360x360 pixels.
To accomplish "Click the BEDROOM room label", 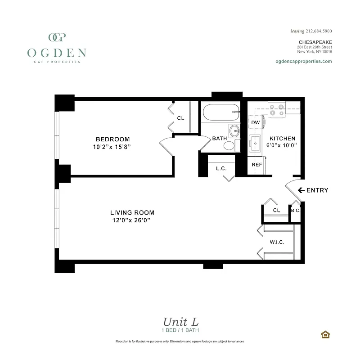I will [x=112, y=139].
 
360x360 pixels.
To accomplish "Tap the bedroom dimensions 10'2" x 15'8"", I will [x=112, y=147].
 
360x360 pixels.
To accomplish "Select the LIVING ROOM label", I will [x=132, y=212].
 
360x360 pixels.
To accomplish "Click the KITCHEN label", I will [x=282, y=139].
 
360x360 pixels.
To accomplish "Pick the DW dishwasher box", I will [x=256, y=122].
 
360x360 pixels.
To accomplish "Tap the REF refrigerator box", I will [x=256, y=165].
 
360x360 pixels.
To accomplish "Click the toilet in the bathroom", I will [x=229, y=145].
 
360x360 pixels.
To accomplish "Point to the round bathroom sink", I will [x=235, y=131].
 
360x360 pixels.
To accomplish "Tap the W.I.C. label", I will [x=277, y=242].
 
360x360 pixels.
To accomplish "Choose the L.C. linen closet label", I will [x=220, y=169].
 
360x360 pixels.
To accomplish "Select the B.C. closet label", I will [x=296, y=210].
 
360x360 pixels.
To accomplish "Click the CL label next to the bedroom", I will [x=180, y=118].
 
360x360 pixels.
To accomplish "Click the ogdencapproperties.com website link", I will [x=303, y=61].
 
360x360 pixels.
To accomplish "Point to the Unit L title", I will [x=180, y=322].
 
